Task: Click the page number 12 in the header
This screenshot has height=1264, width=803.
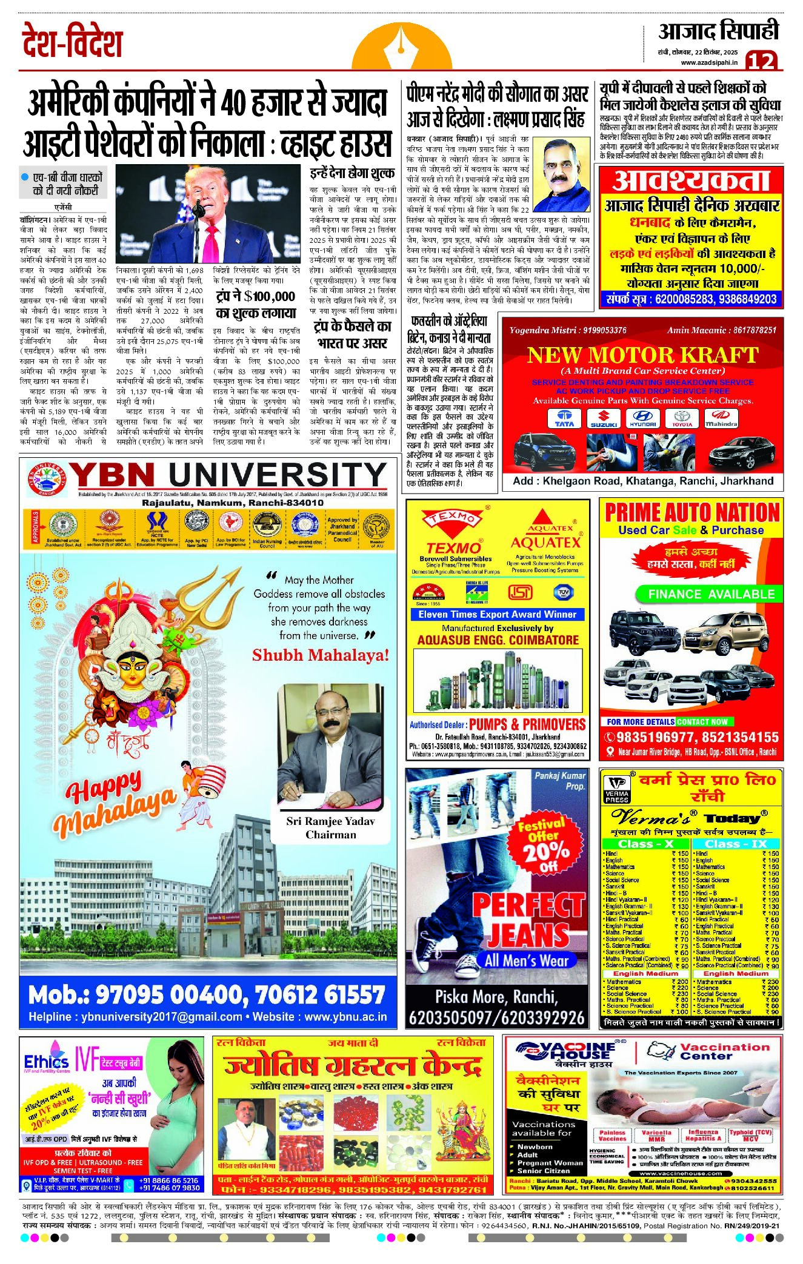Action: [761, 61]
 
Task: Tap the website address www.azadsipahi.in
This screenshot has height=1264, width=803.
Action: [708, 62]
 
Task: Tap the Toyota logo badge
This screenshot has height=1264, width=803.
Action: [682, 418]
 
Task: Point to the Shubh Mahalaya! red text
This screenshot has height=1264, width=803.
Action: [320, 655]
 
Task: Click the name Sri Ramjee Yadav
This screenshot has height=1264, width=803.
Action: [330, 821]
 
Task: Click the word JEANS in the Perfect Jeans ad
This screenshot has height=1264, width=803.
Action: [528, 935]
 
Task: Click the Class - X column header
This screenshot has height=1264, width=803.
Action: [645, 844]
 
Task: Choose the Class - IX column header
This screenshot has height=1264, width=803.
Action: [735, 844]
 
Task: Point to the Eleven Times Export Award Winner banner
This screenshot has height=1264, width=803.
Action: [497, 614]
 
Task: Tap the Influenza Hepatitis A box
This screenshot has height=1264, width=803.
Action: [702, 1135]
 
